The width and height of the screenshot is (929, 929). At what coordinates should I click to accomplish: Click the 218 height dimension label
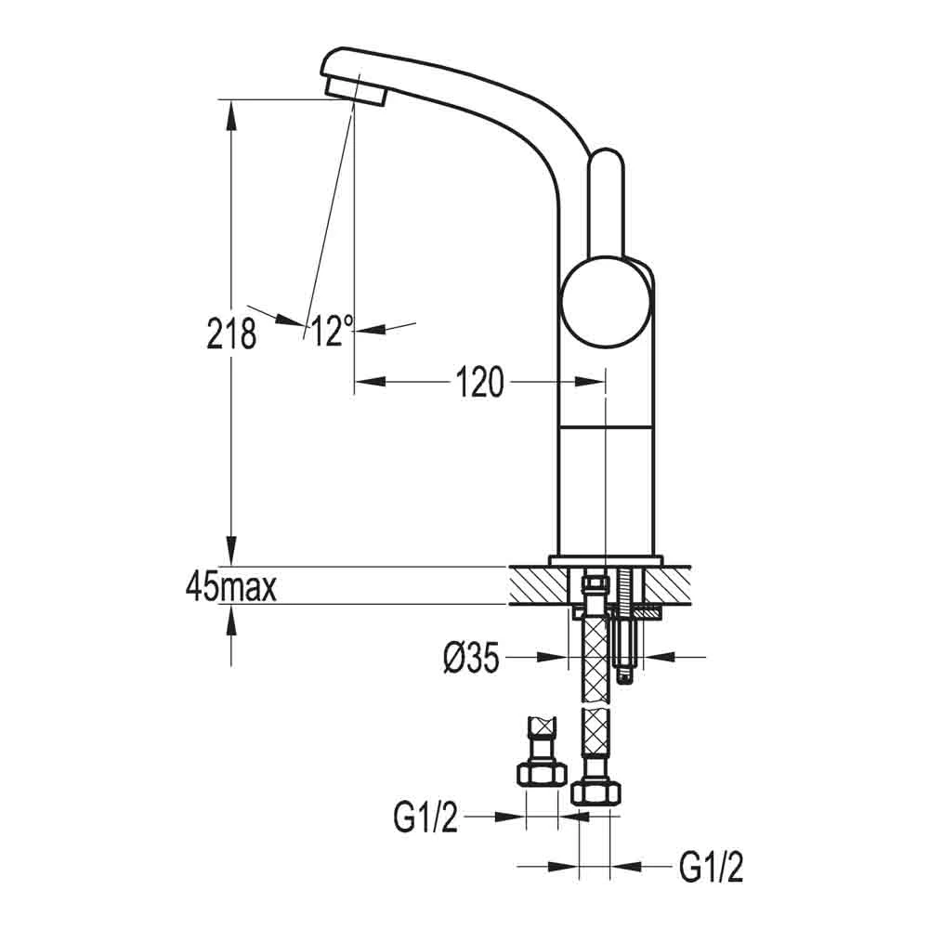(231, 332)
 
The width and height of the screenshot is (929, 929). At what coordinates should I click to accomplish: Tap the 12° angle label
(331, 331)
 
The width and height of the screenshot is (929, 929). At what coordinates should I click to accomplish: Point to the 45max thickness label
(231, 587)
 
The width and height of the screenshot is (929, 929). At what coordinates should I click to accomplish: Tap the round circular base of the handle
(605, 304)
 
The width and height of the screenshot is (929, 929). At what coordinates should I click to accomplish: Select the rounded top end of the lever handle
(607, 163)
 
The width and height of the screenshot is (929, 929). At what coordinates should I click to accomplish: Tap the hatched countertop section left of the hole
(539, 585)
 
